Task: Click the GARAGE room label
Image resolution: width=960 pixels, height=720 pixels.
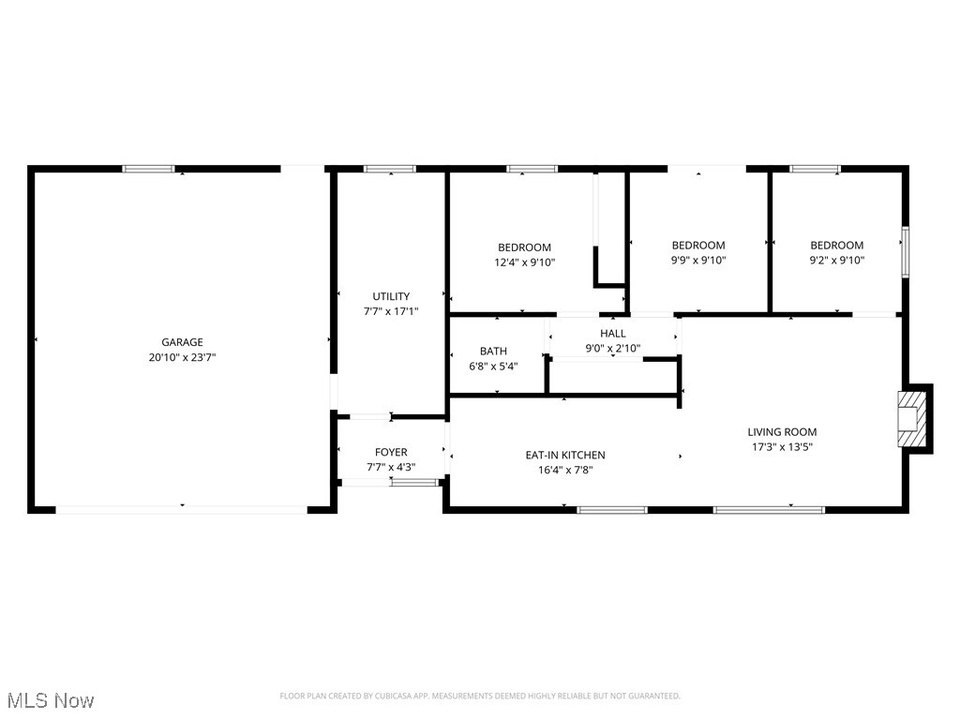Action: click(181, 342)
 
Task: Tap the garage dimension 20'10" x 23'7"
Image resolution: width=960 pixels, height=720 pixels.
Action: click(181, 357)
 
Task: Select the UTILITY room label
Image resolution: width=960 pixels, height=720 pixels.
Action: click(391, 296)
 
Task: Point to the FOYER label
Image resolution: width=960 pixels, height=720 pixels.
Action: click(391, 452)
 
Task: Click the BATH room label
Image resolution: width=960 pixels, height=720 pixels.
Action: click(493, 352)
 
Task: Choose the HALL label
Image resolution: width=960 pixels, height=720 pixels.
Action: click(613, 333)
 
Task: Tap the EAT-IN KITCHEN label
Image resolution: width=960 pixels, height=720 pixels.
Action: click(564, 456)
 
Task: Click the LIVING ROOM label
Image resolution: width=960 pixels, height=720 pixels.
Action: click(782, 432)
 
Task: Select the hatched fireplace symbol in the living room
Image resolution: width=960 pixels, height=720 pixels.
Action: click(908, 418)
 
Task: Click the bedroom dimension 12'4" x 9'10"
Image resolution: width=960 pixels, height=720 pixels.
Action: click(524, 262)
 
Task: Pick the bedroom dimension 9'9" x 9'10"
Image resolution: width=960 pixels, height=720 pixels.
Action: click(698, 261)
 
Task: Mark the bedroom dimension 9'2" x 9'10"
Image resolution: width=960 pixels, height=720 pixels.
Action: click(837, 261)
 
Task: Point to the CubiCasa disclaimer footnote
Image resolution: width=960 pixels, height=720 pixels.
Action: click(480, 696)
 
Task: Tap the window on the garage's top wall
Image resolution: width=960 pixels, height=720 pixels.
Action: click(149, 169)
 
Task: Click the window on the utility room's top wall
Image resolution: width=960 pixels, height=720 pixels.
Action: click(390, 169)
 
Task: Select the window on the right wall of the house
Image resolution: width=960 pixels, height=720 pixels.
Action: click(905, 251)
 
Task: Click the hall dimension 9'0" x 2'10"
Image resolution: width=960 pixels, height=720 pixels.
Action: click(613, 348)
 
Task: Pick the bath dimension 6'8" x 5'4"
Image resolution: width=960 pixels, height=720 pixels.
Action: click(493, 367)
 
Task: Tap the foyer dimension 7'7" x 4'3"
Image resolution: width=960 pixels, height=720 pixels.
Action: click(391, 467)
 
